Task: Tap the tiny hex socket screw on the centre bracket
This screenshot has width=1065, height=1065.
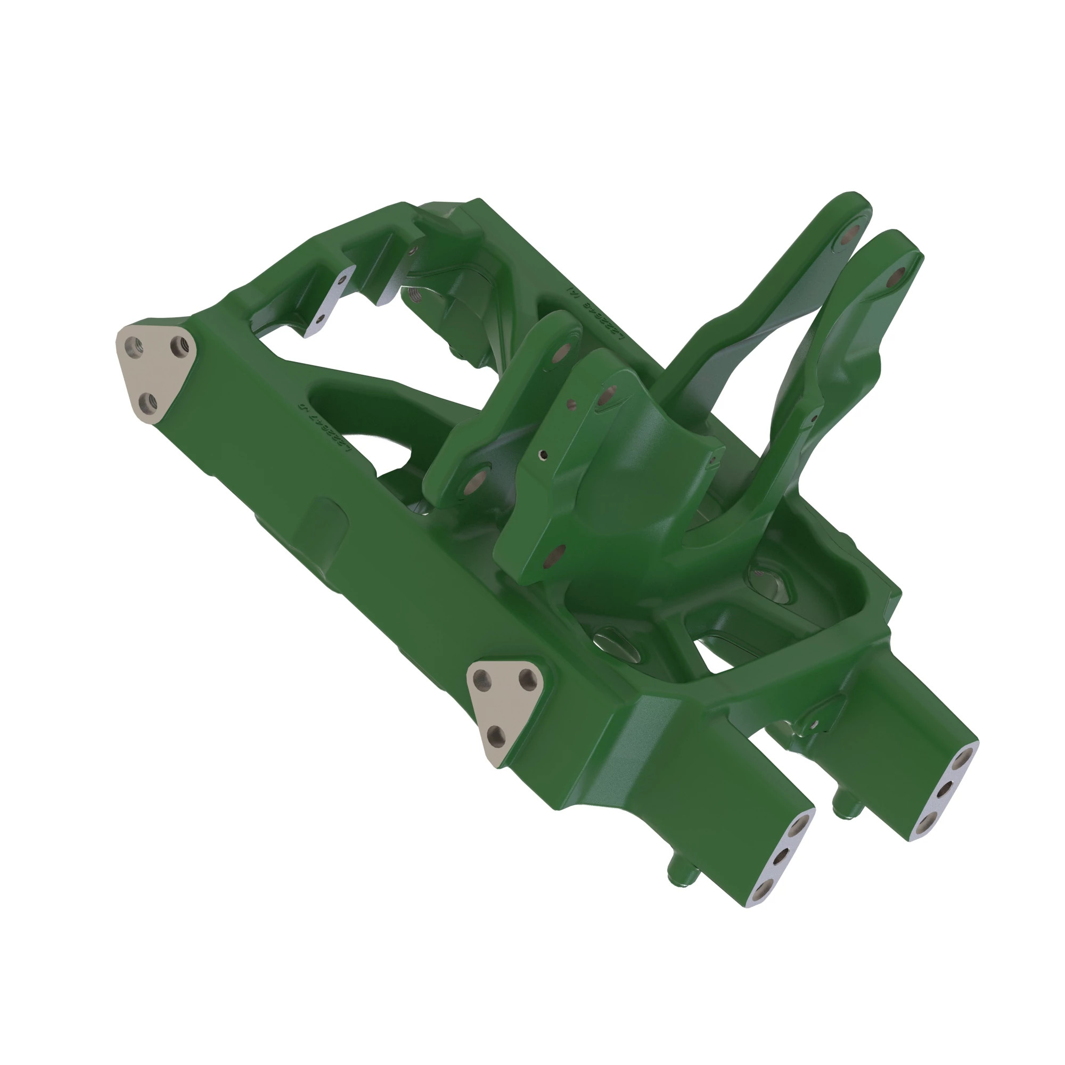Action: tap(544, 455)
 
